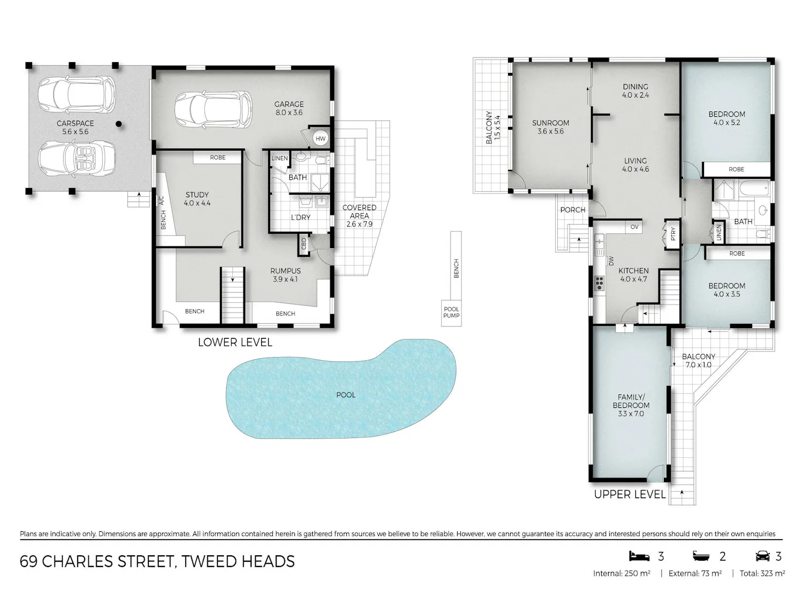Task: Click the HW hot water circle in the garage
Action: coord(320,138)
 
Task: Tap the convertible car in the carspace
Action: coord(77,159)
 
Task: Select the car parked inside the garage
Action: coord(213,109)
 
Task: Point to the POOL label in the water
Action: coord(345,394)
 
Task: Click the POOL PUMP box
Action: coord(451,312)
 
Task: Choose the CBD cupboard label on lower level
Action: coord(304,244)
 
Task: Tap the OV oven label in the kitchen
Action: coord(634,227)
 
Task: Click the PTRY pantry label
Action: coord(673,234)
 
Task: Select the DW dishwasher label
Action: coord(611,260)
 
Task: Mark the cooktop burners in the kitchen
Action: coord(599,284)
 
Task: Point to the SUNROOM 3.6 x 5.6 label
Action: coord(550,127)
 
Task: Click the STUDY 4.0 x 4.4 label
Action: coord(197,199)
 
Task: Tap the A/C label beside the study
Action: coord(161,200)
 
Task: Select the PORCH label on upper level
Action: coord(572,210)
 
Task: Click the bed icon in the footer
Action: coord(639,556)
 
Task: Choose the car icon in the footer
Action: coord(763,556)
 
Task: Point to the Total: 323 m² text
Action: coord(762,574)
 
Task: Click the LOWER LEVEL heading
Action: coord(235,343)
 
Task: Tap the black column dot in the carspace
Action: coord(118,124)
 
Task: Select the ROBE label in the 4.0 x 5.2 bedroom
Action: coord(736,169)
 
